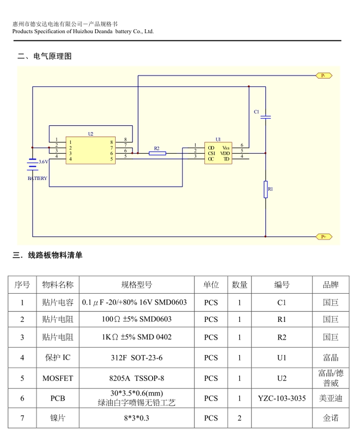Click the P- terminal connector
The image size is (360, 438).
tap(324, 75)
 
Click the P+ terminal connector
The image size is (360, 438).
tap(324, 237)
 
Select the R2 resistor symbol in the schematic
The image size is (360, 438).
tap(157, 154)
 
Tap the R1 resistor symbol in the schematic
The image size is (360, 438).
tap(265, 189)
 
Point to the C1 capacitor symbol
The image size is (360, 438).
tap(265, 117)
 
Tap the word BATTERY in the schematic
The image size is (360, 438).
tap(37, 178)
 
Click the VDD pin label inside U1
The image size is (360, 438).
tap(225, 154)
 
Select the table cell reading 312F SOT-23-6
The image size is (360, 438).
tap(137, 357)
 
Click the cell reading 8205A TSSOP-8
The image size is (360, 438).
tap(137, 378)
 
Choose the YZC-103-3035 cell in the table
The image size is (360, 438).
tap(282, 398)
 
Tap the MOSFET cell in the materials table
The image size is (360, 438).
tap(58, 378)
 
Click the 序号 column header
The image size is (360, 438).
tap(22, 285)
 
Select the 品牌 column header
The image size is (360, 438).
tap(331, 285)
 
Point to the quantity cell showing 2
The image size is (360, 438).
tap(240, 418)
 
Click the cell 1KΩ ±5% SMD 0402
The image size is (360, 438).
tap(137, 337)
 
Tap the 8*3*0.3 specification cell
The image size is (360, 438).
tap(137, 418)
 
